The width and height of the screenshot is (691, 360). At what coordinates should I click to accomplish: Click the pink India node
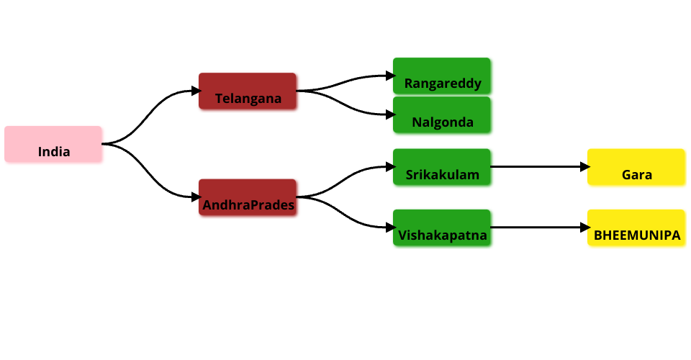[53, 144]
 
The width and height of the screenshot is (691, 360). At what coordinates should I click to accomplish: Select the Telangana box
[248, 91]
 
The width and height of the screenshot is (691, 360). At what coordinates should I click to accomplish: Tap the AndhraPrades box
[248, 197]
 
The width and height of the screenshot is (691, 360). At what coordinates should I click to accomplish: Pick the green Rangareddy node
[442, 76]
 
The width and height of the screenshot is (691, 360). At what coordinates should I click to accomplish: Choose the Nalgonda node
[442, 114]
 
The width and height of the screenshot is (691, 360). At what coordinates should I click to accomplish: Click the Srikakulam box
[442, 167]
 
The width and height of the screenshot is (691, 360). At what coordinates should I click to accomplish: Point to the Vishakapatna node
[442, 228]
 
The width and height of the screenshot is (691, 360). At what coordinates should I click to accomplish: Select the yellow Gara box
[636, 167]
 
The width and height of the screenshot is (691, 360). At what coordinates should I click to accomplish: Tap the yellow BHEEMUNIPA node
[636, 228]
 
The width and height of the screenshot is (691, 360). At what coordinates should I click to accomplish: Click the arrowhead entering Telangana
[197, 91]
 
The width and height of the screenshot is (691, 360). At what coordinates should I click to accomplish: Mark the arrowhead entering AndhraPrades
[197, 197]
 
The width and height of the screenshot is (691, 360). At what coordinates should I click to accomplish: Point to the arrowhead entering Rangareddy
[391, 76]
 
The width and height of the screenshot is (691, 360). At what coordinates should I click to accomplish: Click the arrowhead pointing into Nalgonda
[391, 114]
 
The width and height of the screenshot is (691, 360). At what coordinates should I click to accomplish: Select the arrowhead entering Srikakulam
[391, 167]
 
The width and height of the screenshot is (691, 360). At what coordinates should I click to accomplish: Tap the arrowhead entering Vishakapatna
[391, 228]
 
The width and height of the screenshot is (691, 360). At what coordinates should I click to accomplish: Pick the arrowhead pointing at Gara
[585, 167]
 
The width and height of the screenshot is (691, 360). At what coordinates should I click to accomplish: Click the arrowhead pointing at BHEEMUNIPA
[585, 228]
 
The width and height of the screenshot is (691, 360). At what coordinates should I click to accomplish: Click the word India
[54, 152]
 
